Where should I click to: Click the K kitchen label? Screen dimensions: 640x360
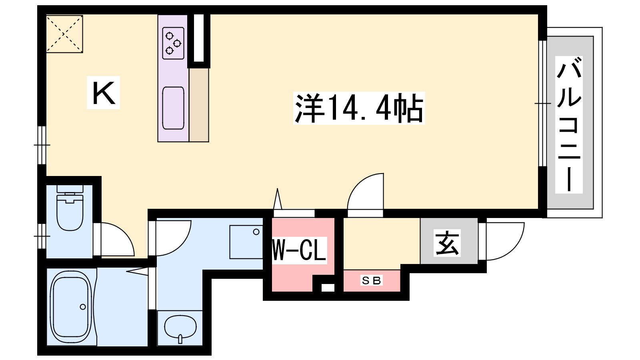pyautogui.click(x=104, y=92)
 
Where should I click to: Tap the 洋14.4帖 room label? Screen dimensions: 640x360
pyautogui.click(x=359, y=108)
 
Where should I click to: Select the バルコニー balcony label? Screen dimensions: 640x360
pyautogui.click(x=568, y=124)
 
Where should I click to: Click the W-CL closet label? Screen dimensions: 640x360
pyautogui.click(x=299, y=250)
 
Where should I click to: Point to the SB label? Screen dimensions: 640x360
pyautogui.click(x=372, y=281)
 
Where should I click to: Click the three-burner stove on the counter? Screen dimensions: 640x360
pyautogui.click(x=173, y=43)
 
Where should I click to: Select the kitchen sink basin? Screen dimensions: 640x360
pyautogui.click(x=173, y=108)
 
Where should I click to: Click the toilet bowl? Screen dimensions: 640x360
pyautogui.click(x=70, y=212)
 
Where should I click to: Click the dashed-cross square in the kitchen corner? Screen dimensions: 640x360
pyautogui.click(x=64, y=34)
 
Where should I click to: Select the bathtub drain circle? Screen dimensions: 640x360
pyautogui.click(x=83, y=307)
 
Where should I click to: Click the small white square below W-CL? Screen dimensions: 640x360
pyautogui.click(x=328, y=288)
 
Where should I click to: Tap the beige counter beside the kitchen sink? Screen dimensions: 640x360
pyautogui.click(x=199, y=105)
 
